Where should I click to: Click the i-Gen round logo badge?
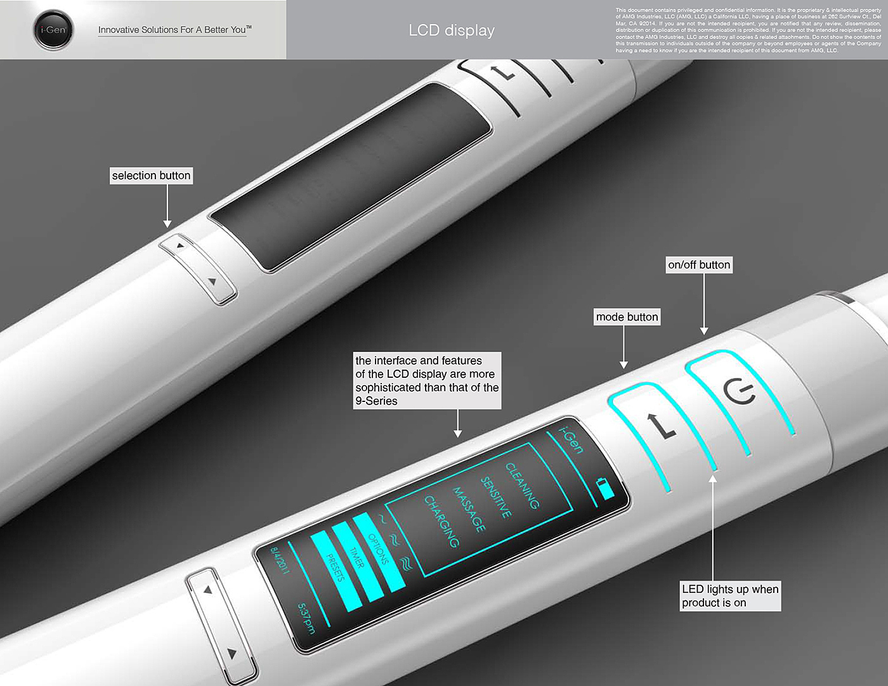click(53, 30)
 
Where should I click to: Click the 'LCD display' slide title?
click(452, 30)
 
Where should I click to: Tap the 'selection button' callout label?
click(151, 176)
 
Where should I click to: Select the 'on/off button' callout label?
click(699, 265)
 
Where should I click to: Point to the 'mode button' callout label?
click(627, 317)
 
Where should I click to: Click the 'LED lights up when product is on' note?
click(729, 596)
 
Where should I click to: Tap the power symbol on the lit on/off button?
click(740, 391)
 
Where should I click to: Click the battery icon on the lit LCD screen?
click(606, 488)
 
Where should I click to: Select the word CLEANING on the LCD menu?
click(522, 485)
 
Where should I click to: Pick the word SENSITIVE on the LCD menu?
click(496, 497)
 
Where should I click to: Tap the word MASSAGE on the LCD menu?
click(469, 509)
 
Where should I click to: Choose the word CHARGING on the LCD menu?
click(441, 521)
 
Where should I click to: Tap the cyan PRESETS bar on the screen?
click(335, 568)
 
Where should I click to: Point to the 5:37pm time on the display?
click(306, 618)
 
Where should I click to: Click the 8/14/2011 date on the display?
click(280, 560)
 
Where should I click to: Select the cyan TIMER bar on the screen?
click(356, 558)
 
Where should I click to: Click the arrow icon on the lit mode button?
click(661, 426)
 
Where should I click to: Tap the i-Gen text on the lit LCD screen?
click(571, 439)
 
